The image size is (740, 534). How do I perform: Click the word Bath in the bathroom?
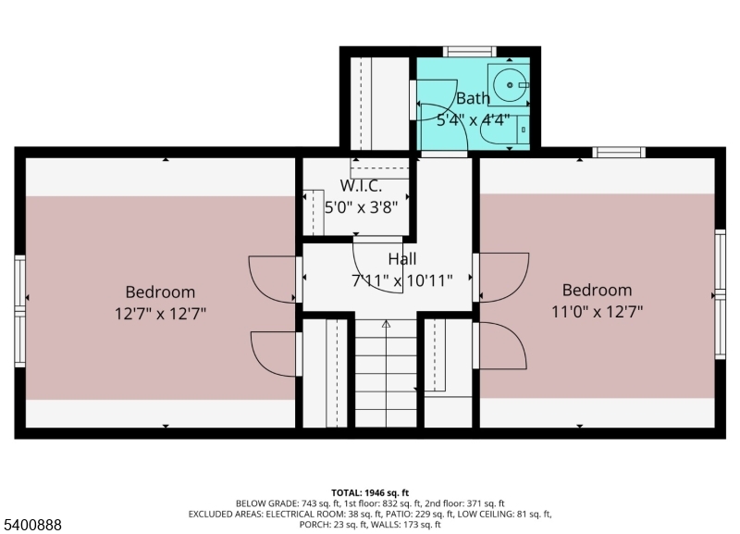point(473,98)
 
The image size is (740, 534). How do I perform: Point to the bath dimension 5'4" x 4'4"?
point(473,118)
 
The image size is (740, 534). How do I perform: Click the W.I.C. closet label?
point(360,186)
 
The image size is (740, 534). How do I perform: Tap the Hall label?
point(401,259)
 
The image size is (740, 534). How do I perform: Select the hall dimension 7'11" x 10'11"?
point(401,279)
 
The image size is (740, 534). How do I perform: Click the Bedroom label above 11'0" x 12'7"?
point(597,290)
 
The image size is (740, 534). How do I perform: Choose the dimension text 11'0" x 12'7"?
point(597,311)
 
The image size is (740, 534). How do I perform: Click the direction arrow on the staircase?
point(386,325)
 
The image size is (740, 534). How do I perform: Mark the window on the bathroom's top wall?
point(470,52)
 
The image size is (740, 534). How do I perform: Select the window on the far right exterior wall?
point(720,293)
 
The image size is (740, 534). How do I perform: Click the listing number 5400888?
point(32,525)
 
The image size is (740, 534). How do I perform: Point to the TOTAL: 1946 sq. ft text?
point(369,492)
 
